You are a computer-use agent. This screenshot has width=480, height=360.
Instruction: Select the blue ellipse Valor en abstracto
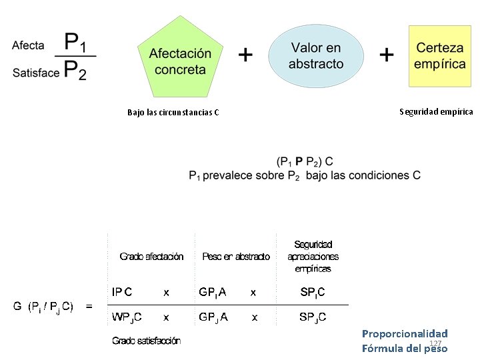(x=316, y=56)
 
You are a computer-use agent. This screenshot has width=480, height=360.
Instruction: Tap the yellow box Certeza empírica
(x=439, y=56)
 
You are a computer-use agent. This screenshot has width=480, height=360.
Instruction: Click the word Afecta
(x=28, y=45)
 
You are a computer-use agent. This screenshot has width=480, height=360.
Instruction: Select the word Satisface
(x=35, y=73)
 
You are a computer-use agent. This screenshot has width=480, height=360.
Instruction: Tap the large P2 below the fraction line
(x=75, y=69)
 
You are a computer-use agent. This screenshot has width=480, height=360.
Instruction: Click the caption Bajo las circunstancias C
(x=173, y=112)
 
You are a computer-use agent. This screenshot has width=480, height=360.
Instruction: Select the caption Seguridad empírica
(x=436, y=111)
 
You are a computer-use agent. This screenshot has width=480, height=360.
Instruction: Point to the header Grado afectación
(x=151, y=257)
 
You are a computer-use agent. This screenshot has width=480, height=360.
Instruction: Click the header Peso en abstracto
(x=236, y=257)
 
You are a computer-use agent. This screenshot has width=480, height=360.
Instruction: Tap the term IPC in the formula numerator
(x=122, y=292)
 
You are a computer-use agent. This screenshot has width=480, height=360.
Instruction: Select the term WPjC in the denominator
(x=125, y=317)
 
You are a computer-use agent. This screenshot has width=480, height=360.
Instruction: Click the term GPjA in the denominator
(x=213, y=317)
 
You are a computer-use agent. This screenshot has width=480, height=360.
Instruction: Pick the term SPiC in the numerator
(x=313, y=292)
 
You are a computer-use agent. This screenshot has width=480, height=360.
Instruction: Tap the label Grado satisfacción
(x=146, y=341)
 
